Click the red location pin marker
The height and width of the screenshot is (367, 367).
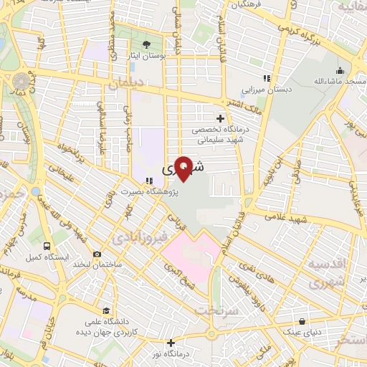(x=184, y=169)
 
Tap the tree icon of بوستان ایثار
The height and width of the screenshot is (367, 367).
(x=146, y=44)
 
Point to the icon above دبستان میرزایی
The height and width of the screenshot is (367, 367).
(x=267, y=78)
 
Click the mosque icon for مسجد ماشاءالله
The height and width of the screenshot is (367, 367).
(x=339, y=71)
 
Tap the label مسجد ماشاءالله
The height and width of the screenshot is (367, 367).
(x=339, y=82)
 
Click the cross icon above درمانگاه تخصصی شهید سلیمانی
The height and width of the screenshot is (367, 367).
(x=220, y=118)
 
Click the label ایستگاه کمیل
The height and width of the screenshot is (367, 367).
(x=43, y=256)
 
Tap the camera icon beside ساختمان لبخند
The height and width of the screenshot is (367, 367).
(x=97, y=254)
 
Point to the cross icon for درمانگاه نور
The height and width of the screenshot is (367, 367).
(x=171, y=343)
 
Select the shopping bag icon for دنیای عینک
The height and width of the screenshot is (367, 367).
(x=302, y=322)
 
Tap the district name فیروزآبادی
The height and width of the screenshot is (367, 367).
(x=137, y=235)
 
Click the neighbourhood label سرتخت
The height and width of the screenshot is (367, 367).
(x=229, y=312)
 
